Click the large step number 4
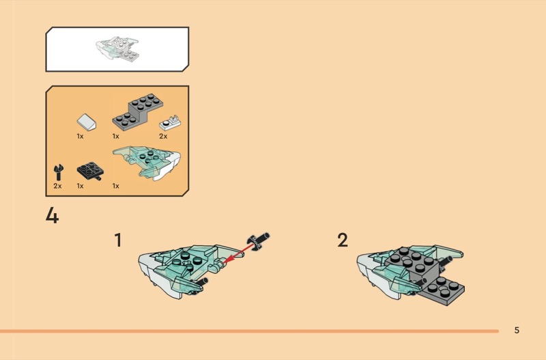point(53,215)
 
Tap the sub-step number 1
point(118,240)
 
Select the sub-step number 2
point(343,240)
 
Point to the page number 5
point(517,330)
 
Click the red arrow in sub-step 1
point(238,254)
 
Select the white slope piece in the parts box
point(87,122)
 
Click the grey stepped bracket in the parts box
point(138,111)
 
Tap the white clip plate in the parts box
point(169,123)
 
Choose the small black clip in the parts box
point(59,172)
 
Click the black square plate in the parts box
point(90,170)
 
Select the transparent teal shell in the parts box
point(147,163)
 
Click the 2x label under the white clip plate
point(163,136)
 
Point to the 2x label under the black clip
point(57,186)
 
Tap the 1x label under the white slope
point(80,136)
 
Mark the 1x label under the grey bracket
point(115,136)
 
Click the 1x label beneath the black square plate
point(80,186)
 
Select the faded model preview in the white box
point(117,49)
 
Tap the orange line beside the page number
point(249,331)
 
